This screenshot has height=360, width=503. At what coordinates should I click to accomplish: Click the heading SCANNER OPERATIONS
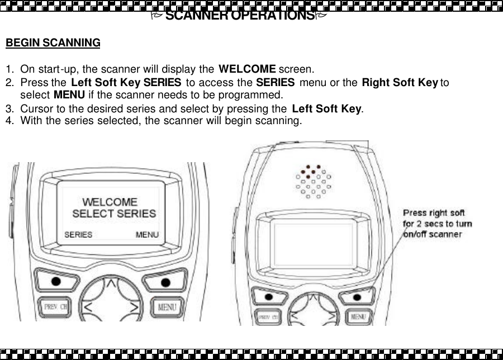tap(240, 16)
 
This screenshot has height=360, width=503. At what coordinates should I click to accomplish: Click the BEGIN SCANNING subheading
tap(53, 43)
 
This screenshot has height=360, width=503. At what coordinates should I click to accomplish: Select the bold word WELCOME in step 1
tap(246, 70)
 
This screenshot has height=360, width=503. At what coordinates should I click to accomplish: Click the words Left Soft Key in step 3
tap(326, 108)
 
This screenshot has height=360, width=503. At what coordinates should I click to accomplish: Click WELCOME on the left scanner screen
tap(110, 202)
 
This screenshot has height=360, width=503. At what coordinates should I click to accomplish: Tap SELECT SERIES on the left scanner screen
tap(114, 214)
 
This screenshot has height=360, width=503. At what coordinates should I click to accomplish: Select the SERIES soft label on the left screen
tap(78, 235)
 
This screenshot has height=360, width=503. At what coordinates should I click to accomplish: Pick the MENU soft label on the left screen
tap(147, 235)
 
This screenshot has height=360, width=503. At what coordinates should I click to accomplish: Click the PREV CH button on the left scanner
tap(55, 307)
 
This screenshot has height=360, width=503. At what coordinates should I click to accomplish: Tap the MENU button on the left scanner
tap(167, 307)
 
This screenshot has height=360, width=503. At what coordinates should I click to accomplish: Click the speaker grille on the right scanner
tap(313, 181)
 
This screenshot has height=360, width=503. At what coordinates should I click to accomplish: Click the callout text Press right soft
tap(434, 213)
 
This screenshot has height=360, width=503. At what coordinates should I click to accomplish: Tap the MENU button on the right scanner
tap(358, 317)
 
